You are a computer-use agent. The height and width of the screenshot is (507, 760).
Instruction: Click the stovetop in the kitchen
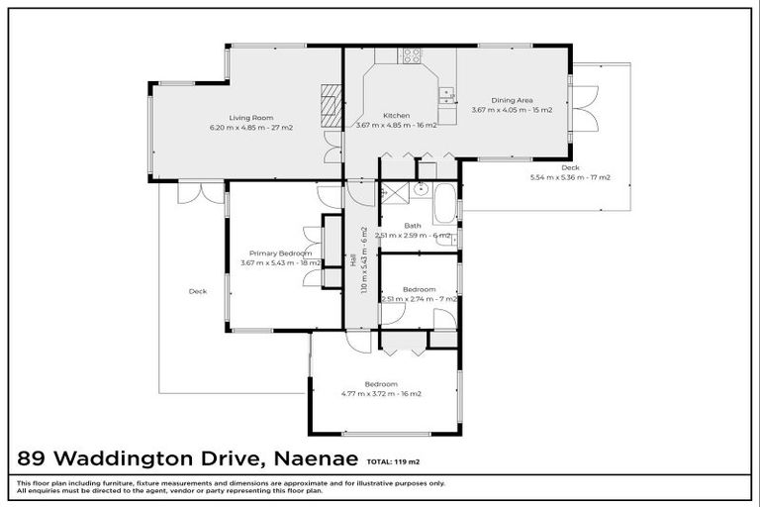click(411, 56)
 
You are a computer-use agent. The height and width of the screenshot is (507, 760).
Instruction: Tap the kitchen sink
click(447, 95)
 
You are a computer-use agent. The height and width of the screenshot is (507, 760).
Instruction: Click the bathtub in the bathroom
click(445, 203)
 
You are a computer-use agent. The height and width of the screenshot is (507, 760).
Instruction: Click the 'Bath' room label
click(414, 226)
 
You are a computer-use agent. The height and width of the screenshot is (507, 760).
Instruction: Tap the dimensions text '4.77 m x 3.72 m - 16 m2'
click(381, 393)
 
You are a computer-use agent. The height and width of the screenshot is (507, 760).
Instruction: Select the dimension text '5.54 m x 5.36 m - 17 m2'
click(570, 177)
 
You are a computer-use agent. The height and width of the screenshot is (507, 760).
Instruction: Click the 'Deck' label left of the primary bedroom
click(198, 291)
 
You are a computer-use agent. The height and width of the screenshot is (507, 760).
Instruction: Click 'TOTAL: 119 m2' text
click(393, 461)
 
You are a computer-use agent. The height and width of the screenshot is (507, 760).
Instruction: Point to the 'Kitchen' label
click(396, 116)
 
